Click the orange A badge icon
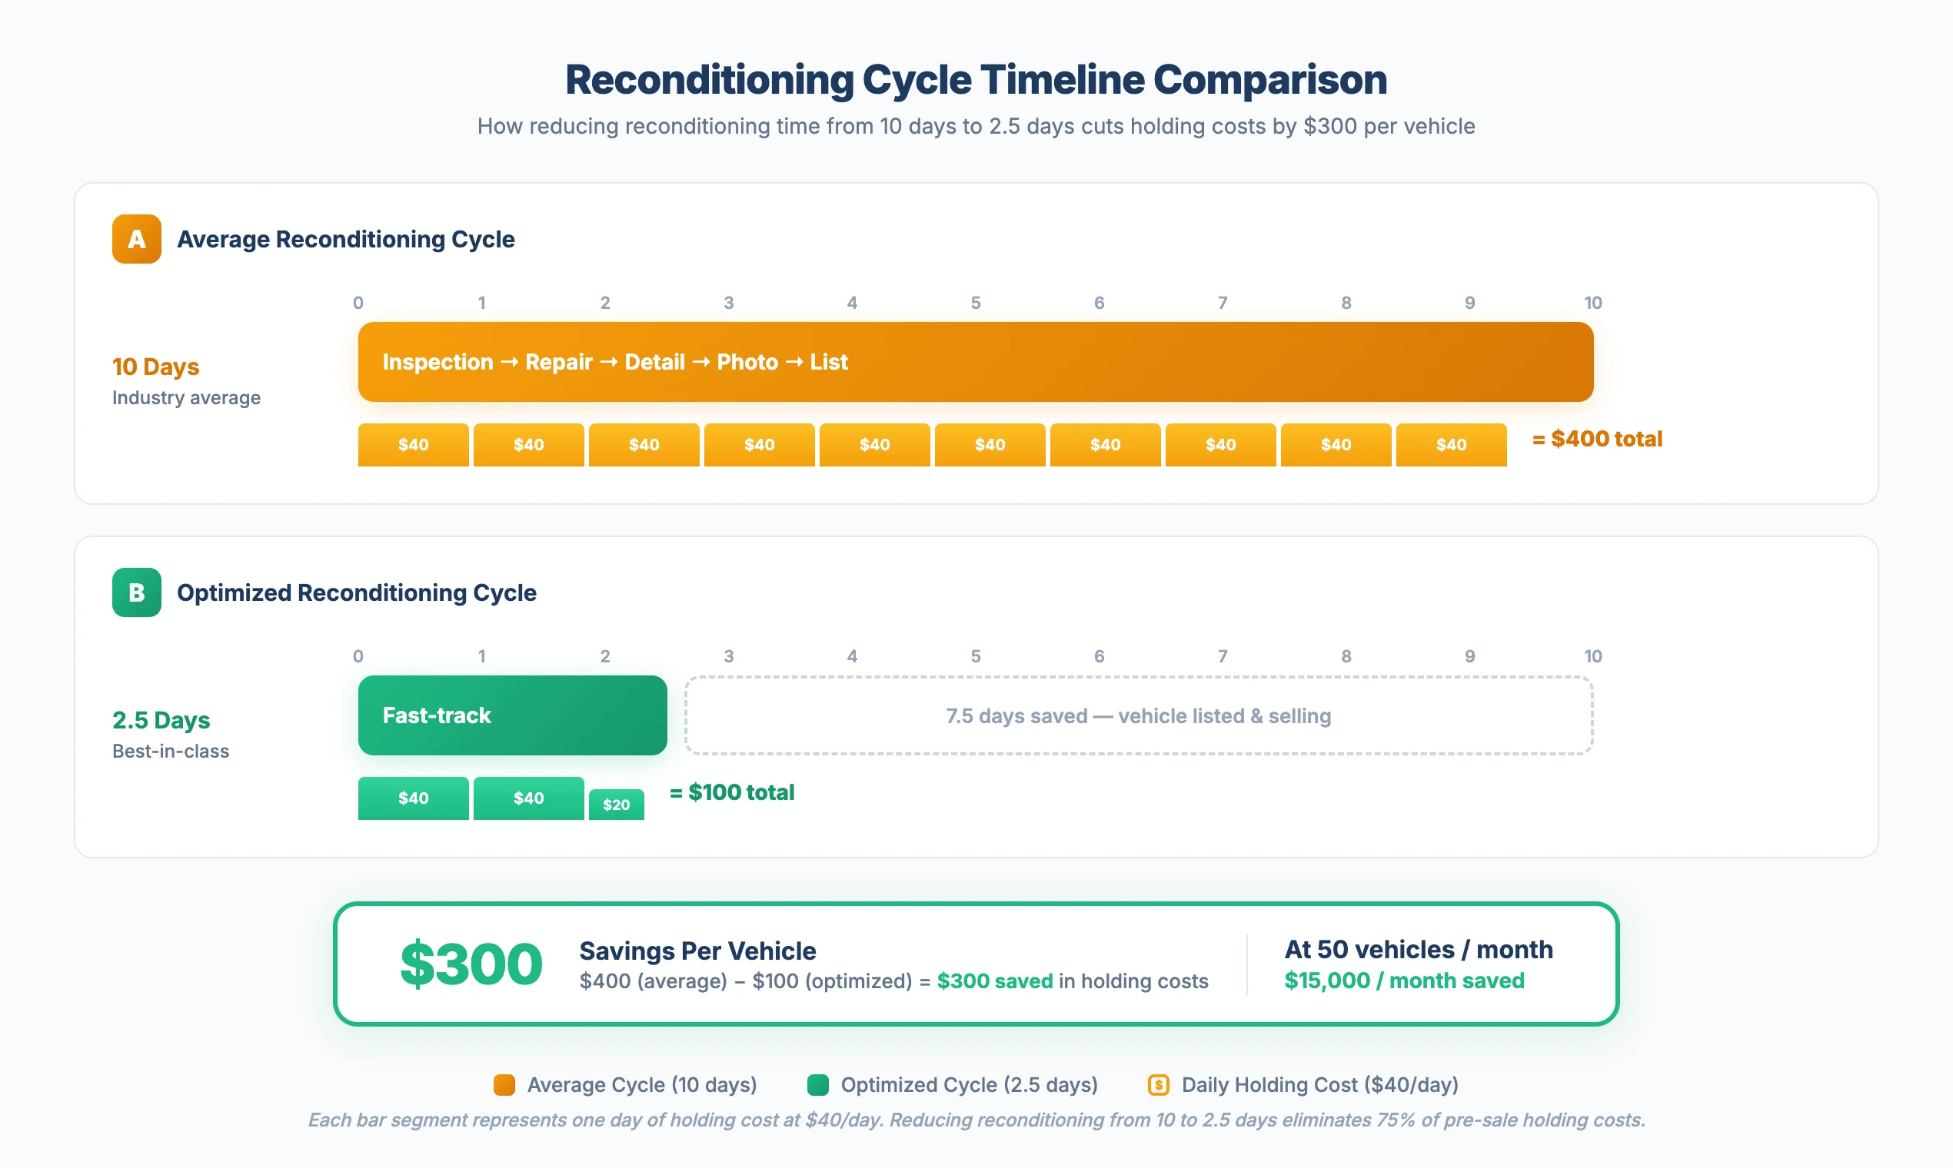136,238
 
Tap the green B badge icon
136,592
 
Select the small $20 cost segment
616,805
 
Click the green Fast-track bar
512,715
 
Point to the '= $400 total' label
1597,440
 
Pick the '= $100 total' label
731,792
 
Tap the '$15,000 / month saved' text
1403,981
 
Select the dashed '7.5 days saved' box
1138,715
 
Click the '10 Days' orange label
155,367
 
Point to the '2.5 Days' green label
161,720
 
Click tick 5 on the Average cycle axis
975,303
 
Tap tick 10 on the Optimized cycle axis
1592,656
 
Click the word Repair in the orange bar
558,362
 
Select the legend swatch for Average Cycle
504,1084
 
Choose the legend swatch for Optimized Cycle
817,1084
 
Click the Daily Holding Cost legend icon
1158,1084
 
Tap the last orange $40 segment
1451,445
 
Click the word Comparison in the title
1269,79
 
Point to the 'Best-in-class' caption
170,751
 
